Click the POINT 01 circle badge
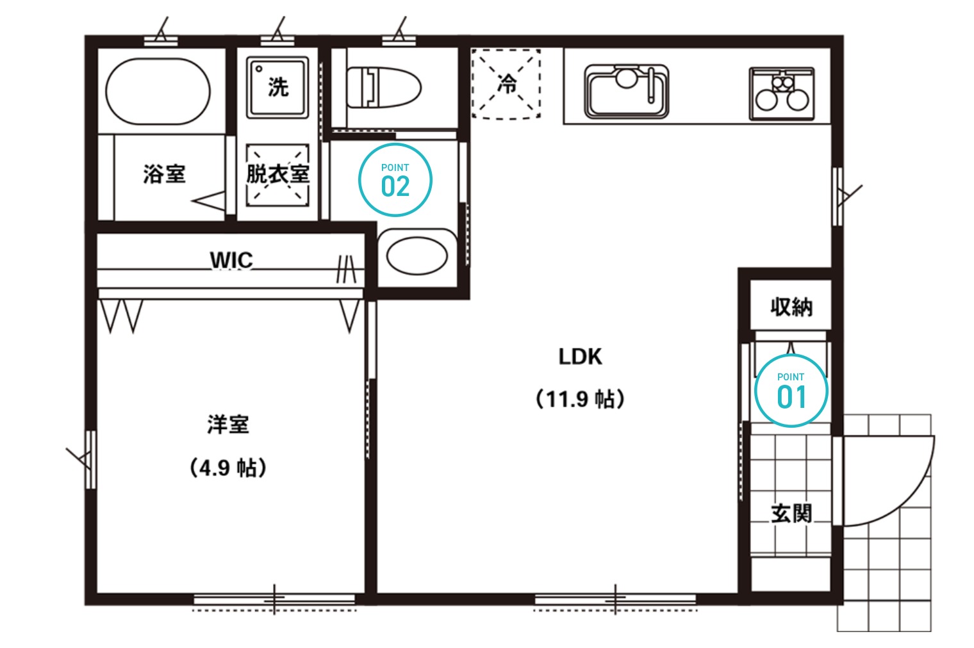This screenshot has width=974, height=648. tap(791, 391)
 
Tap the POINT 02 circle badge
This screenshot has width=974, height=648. tap(395, 180)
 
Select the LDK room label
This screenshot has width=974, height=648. tap(580, 357)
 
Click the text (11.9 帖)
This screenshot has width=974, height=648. tap(580, 399)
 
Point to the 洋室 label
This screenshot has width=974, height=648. tap(228, 425)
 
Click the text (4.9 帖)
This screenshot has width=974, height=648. tap(228, 467)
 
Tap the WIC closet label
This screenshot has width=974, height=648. tap(231, 261)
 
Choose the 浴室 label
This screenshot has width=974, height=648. tap(164, 174)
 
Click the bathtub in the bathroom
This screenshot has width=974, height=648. tap(158, 92)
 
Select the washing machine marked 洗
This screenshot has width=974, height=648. tap(278, 87)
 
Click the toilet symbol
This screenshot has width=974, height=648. tap(384, 87)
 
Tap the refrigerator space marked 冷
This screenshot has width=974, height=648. tap(506, 84)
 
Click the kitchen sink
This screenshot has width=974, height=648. tap(627, 92)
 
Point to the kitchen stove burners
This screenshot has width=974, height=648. tap(782, 93)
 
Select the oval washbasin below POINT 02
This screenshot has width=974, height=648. tap(417, 256)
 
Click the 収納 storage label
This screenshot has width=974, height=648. tap(791, 307)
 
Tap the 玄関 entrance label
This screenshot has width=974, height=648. tap(791, 514)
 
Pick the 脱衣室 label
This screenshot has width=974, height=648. tap(278, 174)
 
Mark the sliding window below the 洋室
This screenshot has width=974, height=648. tap(274, 600)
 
